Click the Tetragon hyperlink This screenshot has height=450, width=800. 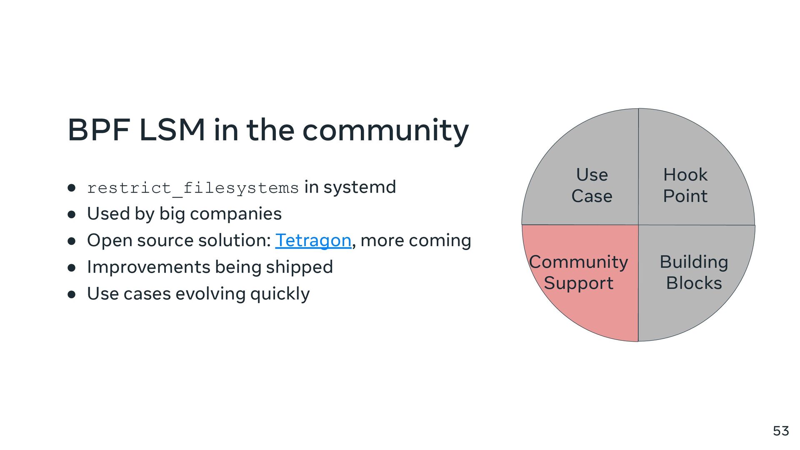coord(313,240)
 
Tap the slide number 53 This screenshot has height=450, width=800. coord(781,431)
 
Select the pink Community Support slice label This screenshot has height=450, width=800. coord(578,272)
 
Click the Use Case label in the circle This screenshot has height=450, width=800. coord(592,185)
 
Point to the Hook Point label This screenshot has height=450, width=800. coord(685,185)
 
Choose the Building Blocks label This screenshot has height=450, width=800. coord(694,272)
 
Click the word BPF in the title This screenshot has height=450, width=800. coord(99,130)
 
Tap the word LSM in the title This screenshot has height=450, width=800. coord(172,130)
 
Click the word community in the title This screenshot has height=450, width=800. coord(385,131)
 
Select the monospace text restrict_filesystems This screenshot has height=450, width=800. coord(192,188)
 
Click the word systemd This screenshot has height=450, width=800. coord(360,187)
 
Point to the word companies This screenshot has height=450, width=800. coord(235,214)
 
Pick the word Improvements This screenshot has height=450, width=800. coord(148,267)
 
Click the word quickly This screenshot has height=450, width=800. coord(280,294)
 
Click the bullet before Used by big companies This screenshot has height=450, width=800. coord(72,215)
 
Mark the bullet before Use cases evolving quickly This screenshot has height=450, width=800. coord(72,295)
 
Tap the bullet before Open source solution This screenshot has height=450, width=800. coord(72,241)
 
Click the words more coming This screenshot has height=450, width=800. coord(415,240)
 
